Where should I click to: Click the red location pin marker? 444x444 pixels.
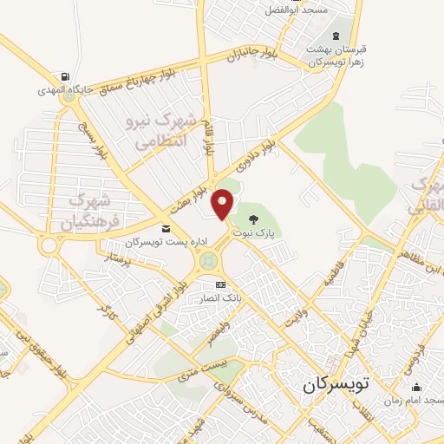coord(222,203)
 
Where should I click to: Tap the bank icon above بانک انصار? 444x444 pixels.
coord(220,284)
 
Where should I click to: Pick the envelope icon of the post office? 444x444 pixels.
coord(166,228)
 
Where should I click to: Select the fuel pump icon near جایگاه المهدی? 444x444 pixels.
coord(68,76)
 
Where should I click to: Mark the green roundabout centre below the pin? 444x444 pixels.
coord(208,259)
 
